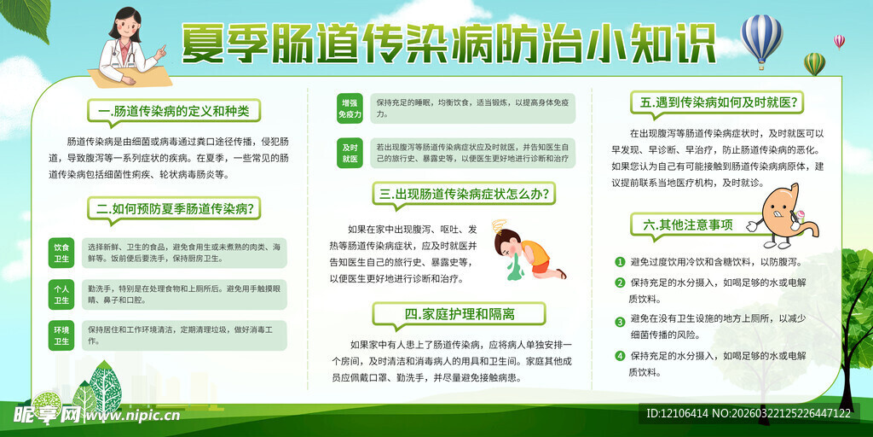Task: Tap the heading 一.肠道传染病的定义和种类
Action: point(173,111)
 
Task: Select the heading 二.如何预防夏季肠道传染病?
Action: point(174,207)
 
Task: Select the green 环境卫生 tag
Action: point(61,335)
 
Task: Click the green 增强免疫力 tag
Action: point(350,108)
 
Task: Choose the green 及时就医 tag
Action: point(350,153)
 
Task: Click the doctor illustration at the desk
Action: point(130,47)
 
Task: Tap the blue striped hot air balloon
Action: point(761,38)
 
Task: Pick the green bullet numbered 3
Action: point(620,321)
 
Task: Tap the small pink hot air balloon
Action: point(839,41)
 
